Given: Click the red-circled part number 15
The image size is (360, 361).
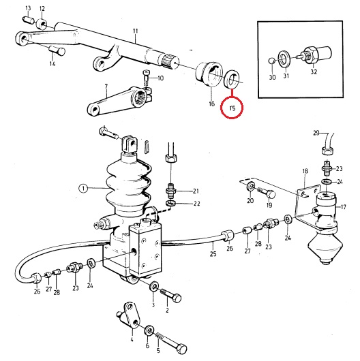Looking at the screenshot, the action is [x=232, y=108].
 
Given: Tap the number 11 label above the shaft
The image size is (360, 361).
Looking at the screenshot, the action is [x=135, y=31].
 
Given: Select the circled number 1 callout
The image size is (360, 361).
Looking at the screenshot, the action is [x=83, y=189].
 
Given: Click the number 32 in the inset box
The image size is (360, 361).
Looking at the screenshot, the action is [x=314, y=72].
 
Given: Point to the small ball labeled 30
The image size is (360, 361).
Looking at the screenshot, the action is [x=272, y=61].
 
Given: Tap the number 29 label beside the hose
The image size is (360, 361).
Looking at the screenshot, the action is [x=316, y=133].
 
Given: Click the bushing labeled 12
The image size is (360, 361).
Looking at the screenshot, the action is [x=42, y=24].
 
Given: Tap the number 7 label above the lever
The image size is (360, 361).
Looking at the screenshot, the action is [x=106, y=87].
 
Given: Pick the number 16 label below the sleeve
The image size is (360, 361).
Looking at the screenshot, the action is [x=212, y=104].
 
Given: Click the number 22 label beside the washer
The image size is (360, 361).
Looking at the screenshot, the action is [x=196, y=204].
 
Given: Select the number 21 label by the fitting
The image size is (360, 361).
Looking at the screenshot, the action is [x=196, y=191].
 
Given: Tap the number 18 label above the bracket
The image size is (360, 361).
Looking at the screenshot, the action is [x=305, y=171].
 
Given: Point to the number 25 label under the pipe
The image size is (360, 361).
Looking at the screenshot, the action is [x=213, y=253].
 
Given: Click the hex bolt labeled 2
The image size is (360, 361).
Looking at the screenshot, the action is [x=170, y=296].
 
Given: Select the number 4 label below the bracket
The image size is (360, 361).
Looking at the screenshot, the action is [x=132, y=339].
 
